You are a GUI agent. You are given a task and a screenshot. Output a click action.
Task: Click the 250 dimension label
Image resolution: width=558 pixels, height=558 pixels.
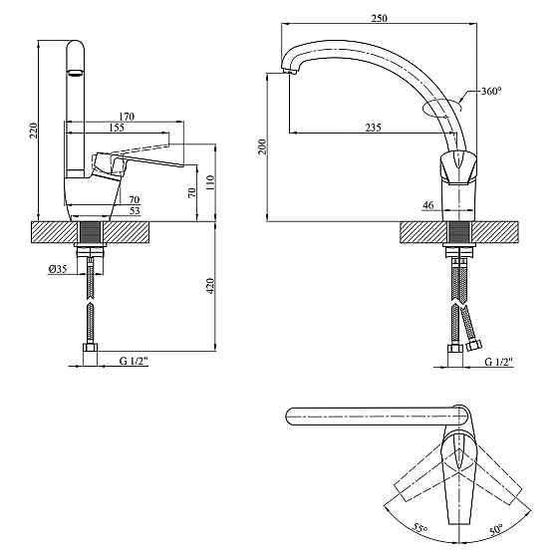[x=379, y=18]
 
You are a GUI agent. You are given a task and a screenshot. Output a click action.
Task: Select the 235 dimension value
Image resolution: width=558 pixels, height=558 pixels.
[x=374, y=128]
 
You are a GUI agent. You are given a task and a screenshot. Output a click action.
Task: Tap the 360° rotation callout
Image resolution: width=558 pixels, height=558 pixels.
[x=491, y=91]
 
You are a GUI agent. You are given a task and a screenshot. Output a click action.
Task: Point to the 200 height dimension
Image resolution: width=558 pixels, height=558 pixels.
[x=262, y=146]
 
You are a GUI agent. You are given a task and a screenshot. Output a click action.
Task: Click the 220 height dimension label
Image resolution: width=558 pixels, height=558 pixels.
[x=33, y=131]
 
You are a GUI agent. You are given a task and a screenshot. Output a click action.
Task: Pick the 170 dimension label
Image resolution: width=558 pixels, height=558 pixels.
[x=127, y=117]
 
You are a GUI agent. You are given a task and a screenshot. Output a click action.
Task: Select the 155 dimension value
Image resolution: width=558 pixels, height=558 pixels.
[x=117, y=128]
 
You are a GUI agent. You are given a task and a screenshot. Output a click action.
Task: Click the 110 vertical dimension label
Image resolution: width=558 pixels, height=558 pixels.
[x=210, y=182]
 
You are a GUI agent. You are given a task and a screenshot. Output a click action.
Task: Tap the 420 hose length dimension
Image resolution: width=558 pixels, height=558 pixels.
[x=210, y=286]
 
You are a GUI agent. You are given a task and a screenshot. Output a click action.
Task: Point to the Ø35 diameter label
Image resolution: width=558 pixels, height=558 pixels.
[x=58, y=269]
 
